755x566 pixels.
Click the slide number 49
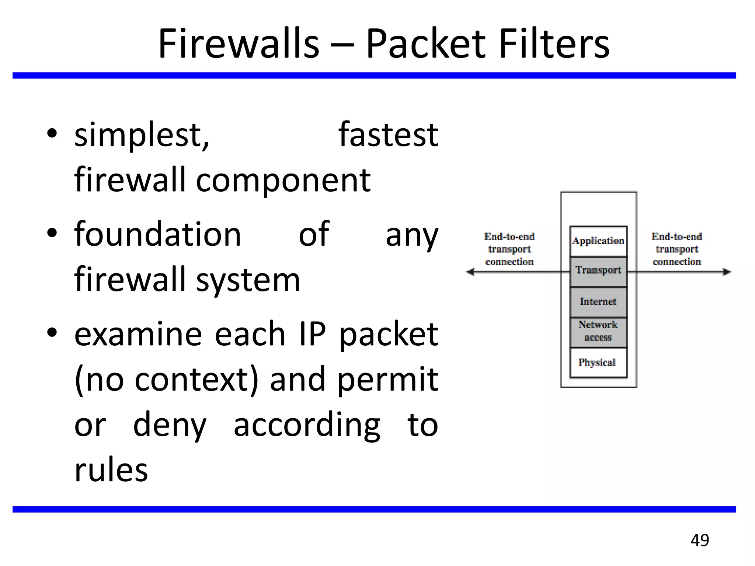click(700, 540)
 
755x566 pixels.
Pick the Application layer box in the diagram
click(598, 241)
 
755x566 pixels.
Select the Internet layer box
click(598, 302)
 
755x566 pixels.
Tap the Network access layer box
click(598, 332)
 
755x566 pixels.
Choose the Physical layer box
click(598, 363)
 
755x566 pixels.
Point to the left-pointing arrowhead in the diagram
click(470, 272)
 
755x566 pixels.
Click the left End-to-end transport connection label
click(509, 249)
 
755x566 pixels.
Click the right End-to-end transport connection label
click(677, 249)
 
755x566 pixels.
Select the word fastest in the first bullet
click(388, 135)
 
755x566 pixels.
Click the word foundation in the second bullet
click(157, 234)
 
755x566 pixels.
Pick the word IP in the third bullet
click(312, 334)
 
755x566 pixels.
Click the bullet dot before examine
click(52, 332)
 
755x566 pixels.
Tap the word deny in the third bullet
click(170, 425)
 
